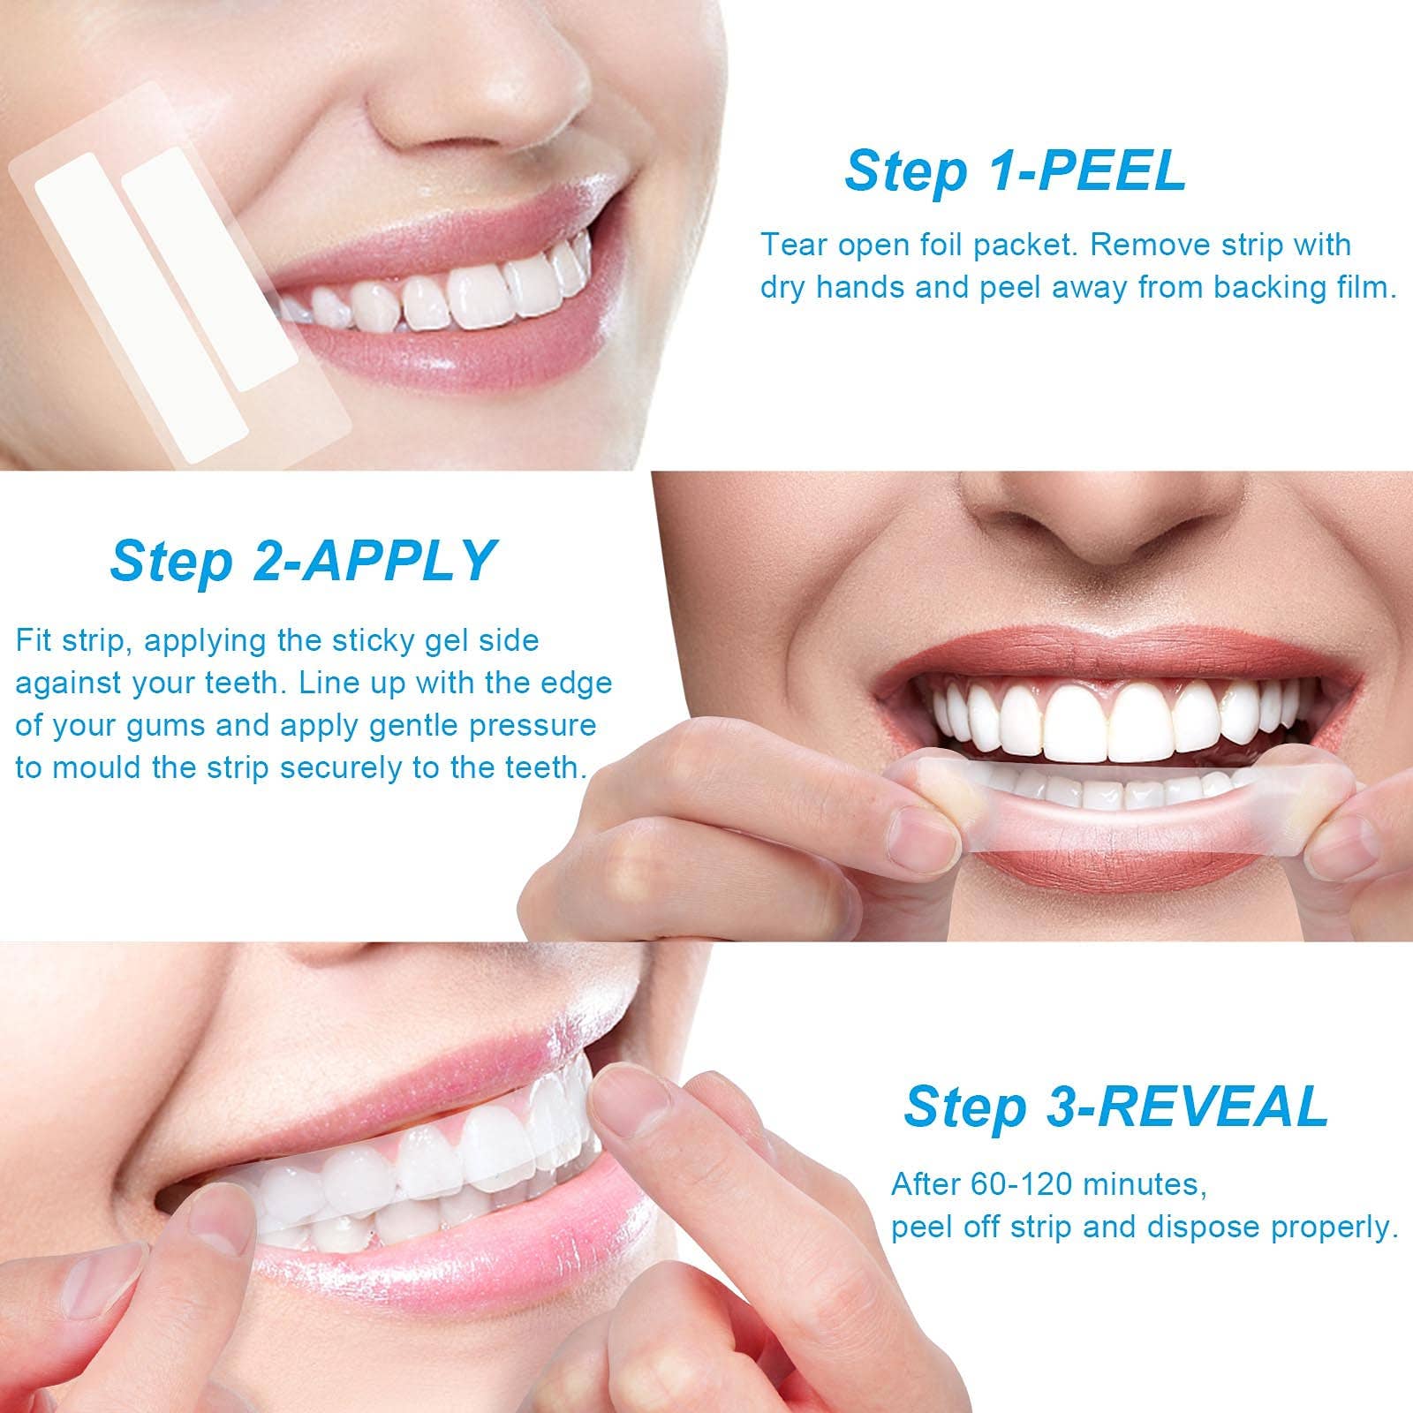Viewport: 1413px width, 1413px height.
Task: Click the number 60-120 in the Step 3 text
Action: (x=1018, y=1183)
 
